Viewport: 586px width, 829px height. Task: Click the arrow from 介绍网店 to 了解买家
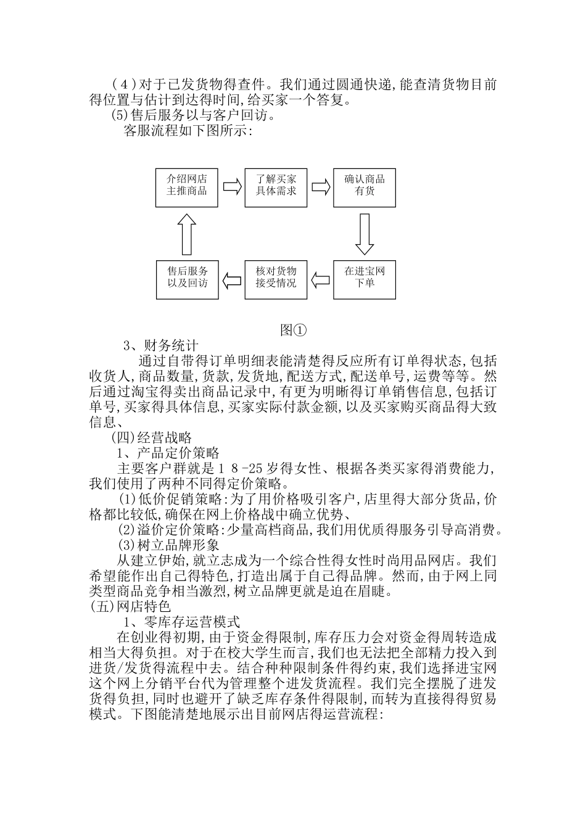tap(232, 187)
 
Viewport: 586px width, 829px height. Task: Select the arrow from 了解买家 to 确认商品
tap(320, 187)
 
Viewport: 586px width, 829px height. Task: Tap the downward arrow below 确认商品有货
tap(365, 234)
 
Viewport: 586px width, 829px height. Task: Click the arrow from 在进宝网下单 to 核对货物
tap(320, 280)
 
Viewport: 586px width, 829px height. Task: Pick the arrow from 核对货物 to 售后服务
tap(232, 280)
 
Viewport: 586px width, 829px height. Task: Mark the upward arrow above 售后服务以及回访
tap(188, 234)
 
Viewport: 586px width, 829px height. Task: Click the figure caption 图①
tap(292, 330)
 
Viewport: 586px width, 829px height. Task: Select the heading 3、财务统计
tap(162, 346)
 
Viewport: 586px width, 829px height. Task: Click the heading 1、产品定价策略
tap(168, 453)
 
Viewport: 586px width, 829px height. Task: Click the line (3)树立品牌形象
tap(168, 545)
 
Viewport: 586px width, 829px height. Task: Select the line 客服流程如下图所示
tap(188, 131)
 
